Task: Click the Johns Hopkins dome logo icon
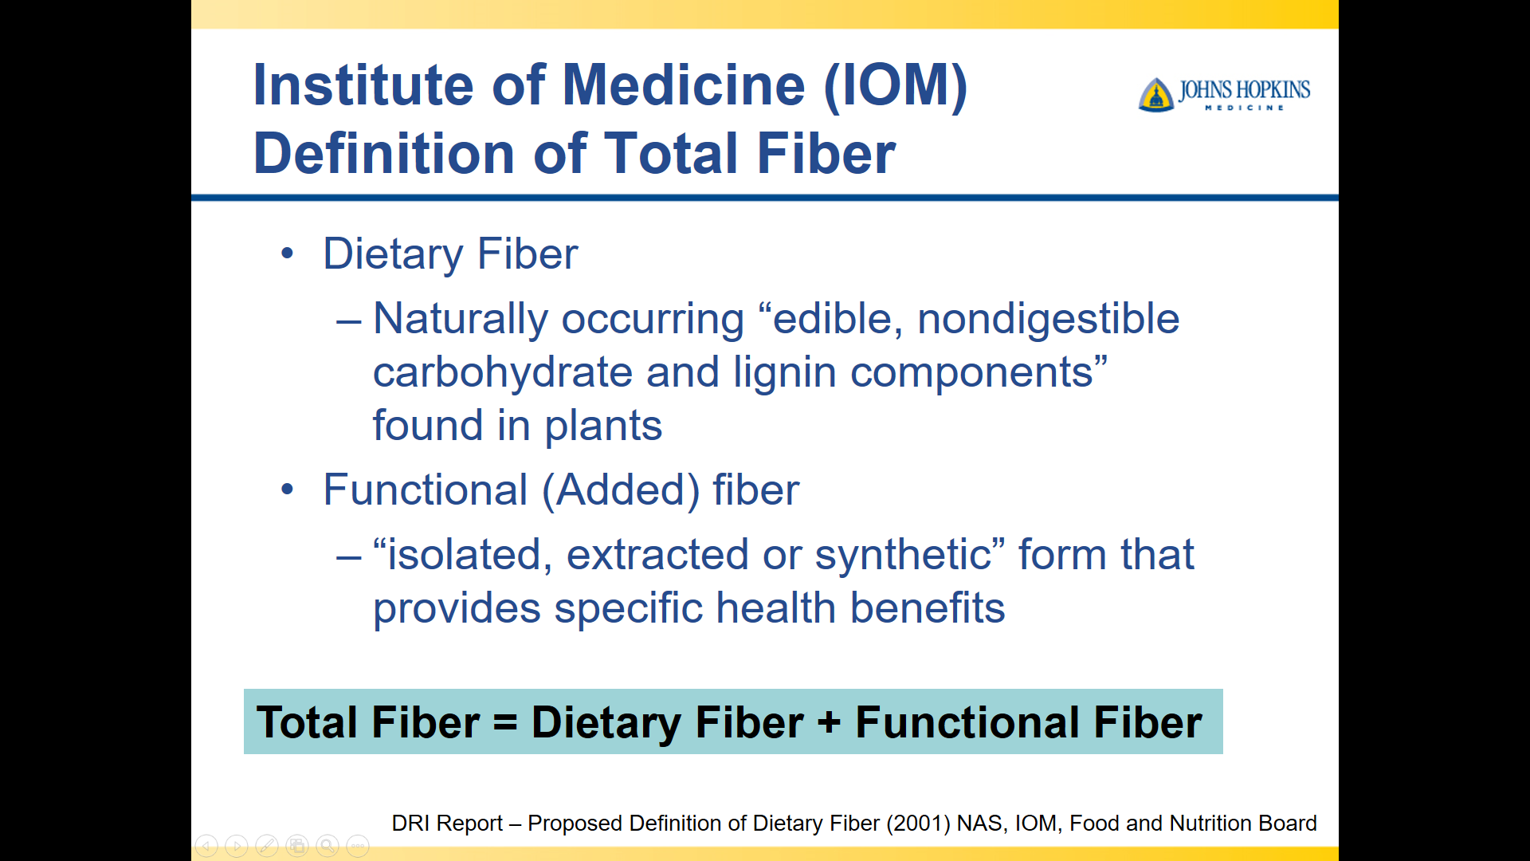pos(1156,95)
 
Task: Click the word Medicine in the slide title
pos(684,85)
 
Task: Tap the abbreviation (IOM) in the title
pos(896,85)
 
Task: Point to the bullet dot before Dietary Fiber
pos(288,254)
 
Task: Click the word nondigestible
pos(1048,319)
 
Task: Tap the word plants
pos(603,426)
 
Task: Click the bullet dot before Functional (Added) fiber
pos(288,489)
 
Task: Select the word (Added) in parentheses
pos(621,489)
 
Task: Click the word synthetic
pos(902,555)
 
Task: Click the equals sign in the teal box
pos(505,723)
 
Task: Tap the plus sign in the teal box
pos(829,723)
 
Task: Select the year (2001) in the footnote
pos(919,824)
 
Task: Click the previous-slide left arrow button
pos(206,846)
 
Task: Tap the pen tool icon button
pos(267,846)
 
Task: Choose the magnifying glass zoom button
pos(328,846)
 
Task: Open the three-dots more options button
pos(358,846)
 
